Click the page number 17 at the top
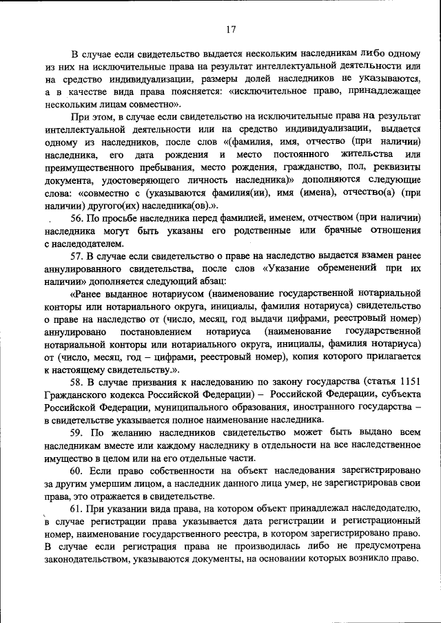tap(231, 30)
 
